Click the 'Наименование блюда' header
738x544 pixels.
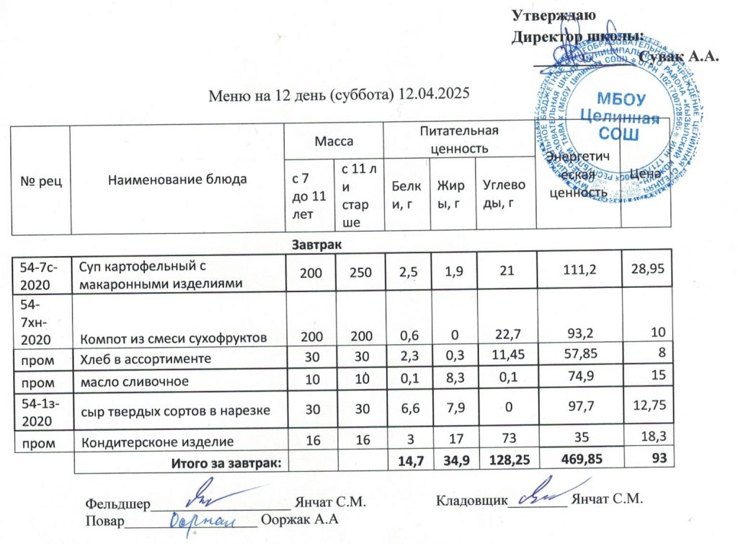(177, 180)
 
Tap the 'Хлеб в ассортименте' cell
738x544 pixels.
(144, 359)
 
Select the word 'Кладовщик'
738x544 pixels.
(472, 499)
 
